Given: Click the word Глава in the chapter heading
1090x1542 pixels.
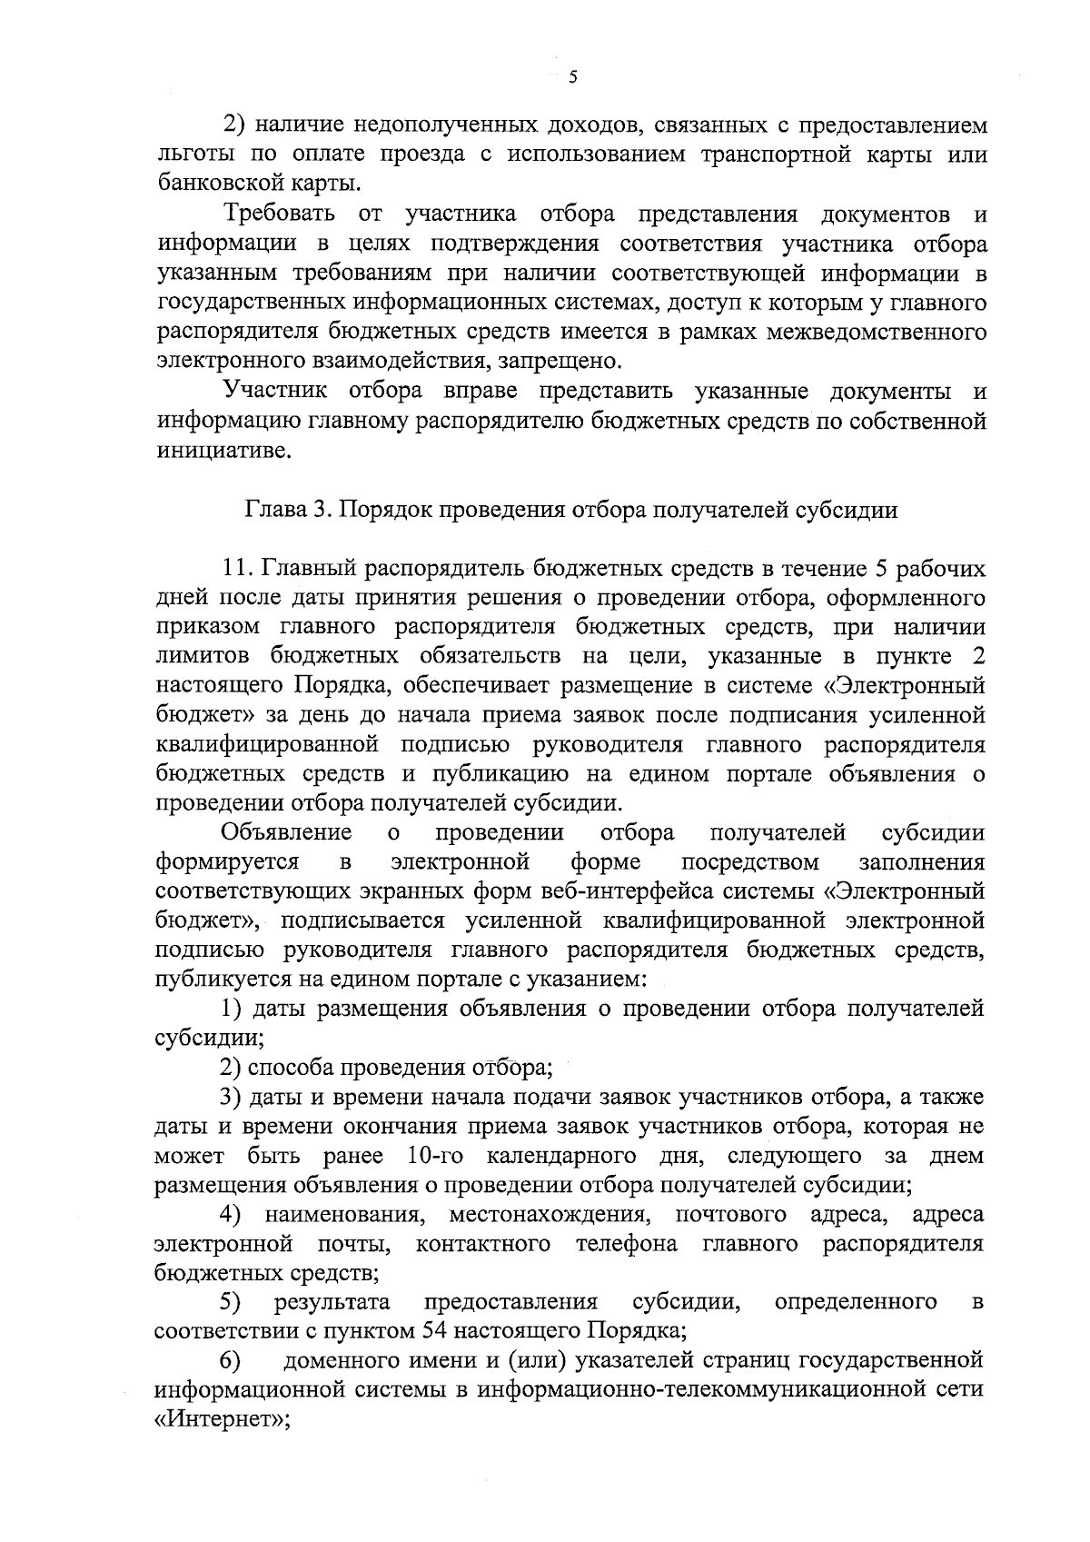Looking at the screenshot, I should [272, 510].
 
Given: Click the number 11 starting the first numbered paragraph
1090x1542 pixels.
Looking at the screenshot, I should [238, 569].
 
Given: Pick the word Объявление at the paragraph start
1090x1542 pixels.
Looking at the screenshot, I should [287, 832].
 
